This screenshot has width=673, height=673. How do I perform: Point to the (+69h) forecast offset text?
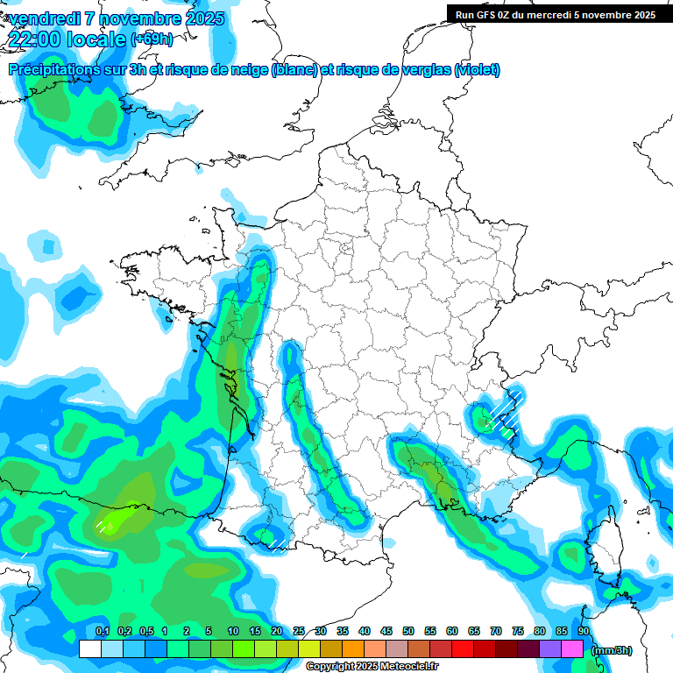tap(152, 39)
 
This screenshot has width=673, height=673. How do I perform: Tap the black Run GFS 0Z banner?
tap(556, 14)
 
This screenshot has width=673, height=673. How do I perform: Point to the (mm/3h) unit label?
tap(612, 650)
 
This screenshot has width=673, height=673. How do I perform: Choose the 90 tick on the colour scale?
tap(584, 632)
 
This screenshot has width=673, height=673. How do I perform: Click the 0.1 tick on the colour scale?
tap(102, 632)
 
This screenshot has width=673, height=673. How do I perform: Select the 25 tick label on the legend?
tap(299, 632)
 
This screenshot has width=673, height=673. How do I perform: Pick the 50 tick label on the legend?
tap(408, 632)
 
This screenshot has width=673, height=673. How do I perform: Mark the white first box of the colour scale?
tap(89, 649)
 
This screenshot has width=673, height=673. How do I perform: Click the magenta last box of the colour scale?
tap(572, 649)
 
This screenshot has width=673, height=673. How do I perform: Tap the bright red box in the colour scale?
tap(463, 649)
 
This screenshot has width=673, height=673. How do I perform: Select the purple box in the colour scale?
tap(550, 649)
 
